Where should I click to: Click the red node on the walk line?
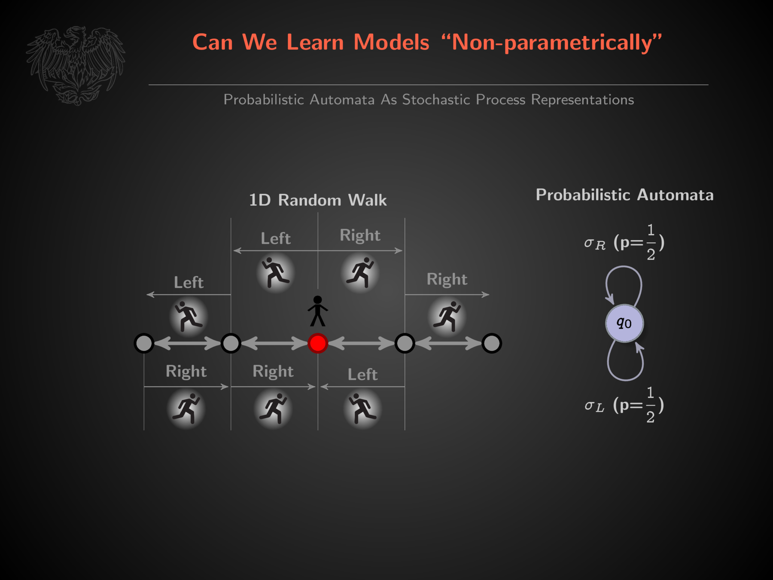tap(318, 343)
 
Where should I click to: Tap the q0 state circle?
tap(624, 323)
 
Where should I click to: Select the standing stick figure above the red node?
tap(318, 311)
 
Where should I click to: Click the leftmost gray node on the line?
tap(144, 343)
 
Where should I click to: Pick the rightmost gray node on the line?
tap(491, 343)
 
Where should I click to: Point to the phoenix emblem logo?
tap(76, 65)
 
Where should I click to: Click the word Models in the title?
tap(391, 42)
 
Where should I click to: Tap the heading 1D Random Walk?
tap(318, 200)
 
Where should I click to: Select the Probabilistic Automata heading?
tap(624, 195)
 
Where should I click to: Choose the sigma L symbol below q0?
tap(594, 406)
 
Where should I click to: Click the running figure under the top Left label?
tap(275, 273)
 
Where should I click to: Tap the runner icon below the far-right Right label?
tap(447, 317)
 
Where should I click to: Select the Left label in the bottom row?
tap(362, 375)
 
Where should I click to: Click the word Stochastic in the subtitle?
tap(436, 100)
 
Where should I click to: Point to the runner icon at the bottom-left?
tap(186, 408)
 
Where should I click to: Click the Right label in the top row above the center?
tap(360, 235)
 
